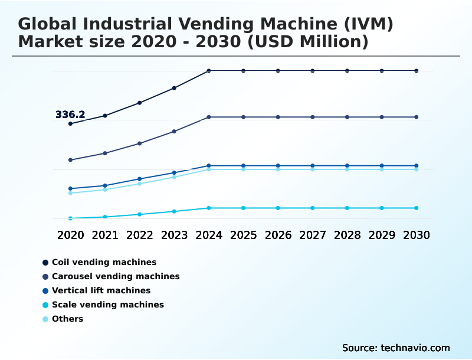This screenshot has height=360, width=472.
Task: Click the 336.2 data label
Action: [70, 114]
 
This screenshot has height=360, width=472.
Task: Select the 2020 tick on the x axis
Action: [70, 235]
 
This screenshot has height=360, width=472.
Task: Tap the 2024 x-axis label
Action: [209, 235]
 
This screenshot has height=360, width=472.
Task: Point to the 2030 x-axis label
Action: [417, 235]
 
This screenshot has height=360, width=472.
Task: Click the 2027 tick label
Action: [313, 235]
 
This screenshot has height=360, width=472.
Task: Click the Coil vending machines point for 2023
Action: [174, 88]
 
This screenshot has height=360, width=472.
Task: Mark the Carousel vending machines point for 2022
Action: [140, 143]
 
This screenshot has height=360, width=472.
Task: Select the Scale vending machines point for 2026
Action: [278, 208]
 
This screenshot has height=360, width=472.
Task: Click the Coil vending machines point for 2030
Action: [417, 71]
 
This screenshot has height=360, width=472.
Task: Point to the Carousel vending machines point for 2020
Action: [70, 160]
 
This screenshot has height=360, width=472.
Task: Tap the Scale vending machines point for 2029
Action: [382, 208]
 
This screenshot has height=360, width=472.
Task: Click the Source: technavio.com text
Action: [396, 348]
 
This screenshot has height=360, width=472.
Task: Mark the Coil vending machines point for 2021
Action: [105, 116]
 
